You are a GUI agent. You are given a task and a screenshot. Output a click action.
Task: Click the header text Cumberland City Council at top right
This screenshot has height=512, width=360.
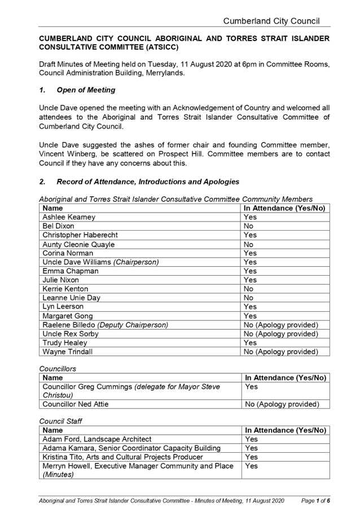pyautogui.click(x=271, y=21)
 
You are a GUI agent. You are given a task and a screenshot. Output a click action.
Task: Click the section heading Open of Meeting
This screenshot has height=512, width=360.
pyautogui.click(x=86, y=90)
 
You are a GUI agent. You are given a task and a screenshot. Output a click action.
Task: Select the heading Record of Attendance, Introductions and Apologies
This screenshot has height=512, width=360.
pyautogui.click(x=147, y=182)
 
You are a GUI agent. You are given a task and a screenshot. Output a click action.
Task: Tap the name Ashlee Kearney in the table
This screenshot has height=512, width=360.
pyautogui.click(x=69, y=217)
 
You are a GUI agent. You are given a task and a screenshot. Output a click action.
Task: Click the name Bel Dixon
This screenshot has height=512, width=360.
pyautogui.click(x=59, y=226)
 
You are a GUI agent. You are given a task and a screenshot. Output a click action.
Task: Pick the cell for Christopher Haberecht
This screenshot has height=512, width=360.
pyautogui.click(x=80, y=235)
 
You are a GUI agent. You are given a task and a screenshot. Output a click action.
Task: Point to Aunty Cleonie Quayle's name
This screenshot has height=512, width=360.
pyautogui.click(x=78, y=244)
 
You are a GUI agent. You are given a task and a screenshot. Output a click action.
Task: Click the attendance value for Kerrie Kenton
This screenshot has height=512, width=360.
pyautogui.click(x=249, y=289)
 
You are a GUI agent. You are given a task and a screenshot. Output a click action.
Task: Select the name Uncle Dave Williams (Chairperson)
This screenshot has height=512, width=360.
pyautogui.click(x=100, y=262)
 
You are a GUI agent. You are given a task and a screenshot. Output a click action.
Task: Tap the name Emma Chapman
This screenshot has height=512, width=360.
pyautogui.click(x=70, y=271)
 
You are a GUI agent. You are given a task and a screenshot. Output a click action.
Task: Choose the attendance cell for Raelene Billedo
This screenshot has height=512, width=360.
pyautogui.click(x=280, y=325)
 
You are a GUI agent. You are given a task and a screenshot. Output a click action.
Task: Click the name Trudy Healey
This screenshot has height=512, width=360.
pyautogui.click(x=65, y=343)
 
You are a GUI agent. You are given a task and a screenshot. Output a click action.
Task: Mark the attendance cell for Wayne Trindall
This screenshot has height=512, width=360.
pyautogui.click(x=280, y=352)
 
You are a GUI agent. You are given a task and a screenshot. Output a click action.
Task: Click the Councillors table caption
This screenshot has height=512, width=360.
pyautogui.click(x=58, y=369)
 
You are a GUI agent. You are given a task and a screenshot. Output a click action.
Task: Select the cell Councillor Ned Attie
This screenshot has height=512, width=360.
pyautogui.click(x=75, y=404)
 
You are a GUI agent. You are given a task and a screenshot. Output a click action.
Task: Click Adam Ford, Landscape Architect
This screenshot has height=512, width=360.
pyautogui.click(x=96, y=439)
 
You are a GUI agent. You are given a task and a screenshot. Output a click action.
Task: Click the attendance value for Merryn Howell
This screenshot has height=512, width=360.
pyautogui.click(x=251, y=466)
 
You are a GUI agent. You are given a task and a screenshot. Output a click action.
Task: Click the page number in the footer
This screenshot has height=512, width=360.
pyautogui.click(x=315, y=500)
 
